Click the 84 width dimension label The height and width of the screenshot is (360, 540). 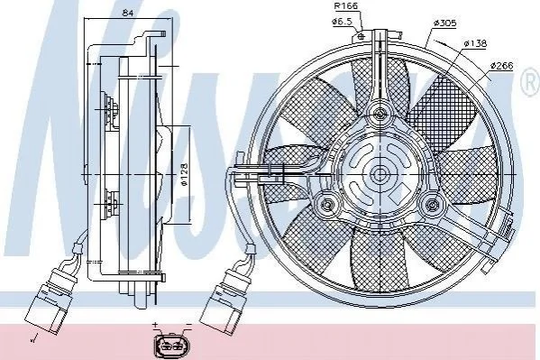point(128,14)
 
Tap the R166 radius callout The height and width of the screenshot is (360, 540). point(346,5)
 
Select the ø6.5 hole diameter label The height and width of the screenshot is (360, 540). point(342,22)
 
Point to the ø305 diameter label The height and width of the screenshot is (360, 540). point(445,23)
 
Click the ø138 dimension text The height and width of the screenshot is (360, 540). point(475,43)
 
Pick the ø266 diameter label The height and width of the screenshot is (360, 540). point(501,66)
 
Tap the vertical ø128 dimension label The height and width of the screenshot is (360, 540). point(184,174)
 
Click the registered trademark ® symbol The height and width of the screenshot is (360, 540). point(531,83)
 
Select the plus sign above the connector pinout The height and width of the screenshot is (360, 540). point(155,325)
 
